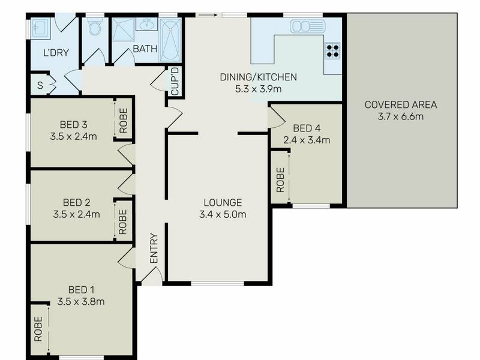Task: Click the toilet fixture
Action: click(x=95, y=26)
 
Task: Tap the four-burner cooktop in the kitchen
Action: click(x=332, y=51)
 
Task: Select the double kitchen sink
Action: click(x=307, y=26)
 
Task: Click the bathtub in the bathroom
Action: click(x=170, y=40)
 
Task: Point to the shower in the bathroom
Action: click(x=124, y=29)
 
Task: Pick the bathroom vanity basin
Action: click(x=147, y=24)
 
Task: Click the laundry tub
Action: click(x=41, y=28)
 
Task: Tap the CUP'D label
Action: click(x=175, y=82)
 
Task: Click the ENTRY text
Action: click(x=154, y=248)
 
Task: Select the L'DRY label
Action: click(x=56, y=53)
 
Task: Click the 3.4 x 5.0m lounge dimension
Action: click(x=223, y=214)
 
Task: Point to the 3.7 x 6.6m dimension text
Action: click(x=401, y=116)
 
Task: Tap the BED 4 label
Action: click(x=307, y=128)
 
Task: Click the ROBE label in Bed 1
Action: click(x=38, y=329)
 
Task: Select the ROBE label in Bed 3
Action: click(x=123, y=121)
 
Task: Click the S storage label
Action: click(x=40, y=85)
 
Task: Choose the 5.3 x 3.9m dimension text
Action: click(x=259, y=89)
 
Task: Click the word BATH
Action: click(x=145, y=49)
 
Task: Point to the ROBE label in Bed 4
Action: click(x=280, y=180)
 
